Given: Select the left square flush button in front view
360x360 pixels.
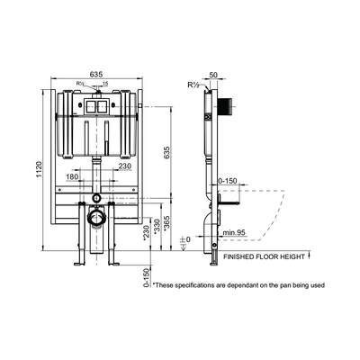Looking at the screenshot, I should click(x=90, y=104).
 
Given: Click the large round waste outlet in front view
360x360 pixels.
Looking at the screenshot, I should click(x=96, y=218).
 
